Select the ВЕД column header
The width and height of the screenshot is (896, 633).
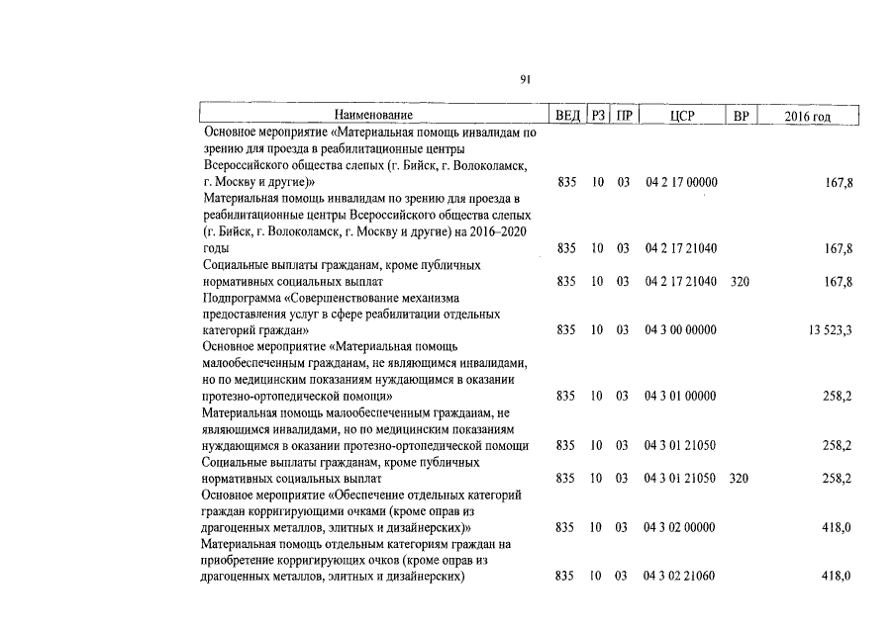(x=567, y=117)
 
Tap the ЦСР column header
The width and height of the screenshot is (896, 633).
(x=682, y=117)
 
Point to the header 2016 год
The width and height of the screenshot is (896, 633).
(x=807, y=117)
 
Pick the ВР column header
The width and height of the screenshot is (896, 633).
(x=740, y=117)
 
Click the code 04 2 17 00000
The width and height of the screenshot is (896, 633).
(x=681, y=183)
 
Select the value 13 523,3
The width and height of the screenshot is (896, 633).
(x=831, y=329)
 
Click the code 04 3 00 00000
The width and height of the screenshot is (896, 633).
(x=681, y=329)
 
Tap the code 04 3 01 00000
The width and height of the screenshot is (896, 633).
(x=681, y=396)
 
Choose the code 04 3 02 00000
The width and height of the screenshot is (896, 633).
(x=681, y=527)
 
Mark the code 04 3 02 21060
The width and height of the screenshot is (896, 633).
(x=681, y=575)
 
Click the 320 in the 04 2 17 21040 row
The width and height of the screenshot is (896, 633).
(x=740, y=282)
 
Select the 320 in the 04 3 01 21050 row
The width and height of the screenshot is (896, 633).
(x=740, y=478)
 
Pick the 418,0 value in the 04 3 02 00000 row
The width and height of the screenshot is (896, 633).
(x=837, y=527)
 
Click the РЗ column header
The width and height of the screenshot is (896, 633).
(x=598, y=117)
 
